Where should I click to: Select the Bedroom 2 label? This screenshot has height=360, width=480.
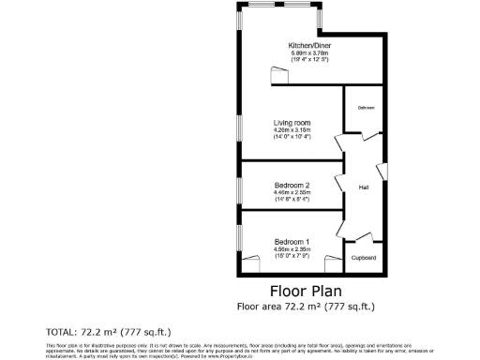292,185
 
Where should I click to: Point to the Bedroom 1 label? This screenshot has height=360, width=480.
292,241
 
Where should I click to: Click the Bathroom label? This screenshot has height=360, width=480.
366,109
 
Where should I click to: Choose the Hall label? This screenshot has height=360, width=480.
364,187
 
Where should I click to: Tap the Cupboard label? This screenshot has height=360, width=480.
364,258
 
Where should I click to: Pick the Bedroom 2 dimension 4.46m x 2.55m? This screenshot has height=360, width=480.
292,193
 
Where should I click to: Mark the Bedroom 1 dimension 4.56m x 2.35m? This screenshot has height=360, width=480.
292,249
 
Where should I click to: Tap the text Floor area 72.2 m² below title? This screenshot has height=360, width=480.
306,306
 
